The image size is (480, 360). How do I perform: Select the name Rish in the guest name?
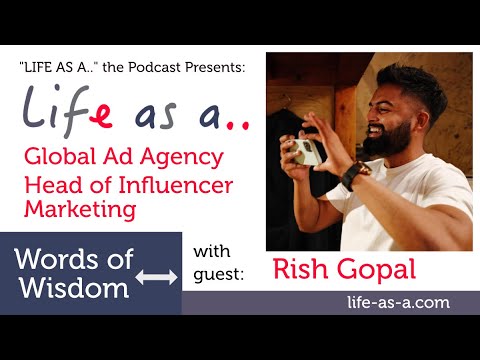pyautogui.click(x=305, y=269)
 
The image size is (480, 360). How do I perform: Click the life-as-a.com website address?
pyautogui.click(x=393, y=302)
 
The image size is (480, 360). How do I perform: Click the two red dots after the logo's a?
pyautogui.click(x=238, y=123)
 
